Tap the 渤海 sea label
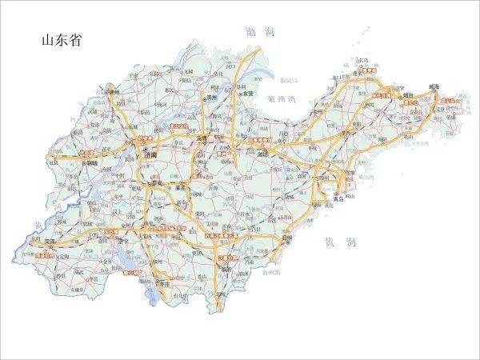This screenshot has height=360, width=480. coord(259,33)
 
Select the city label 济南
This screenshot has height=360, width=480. coord(150,156)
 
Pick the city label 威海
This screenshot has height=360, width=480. coord(434,86)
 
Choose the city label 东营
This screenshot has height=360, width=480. coord(247,94)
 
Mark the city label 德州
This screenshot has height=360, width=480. coord(113,94)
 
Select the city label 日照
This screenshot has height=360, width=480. coord(286,238)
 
